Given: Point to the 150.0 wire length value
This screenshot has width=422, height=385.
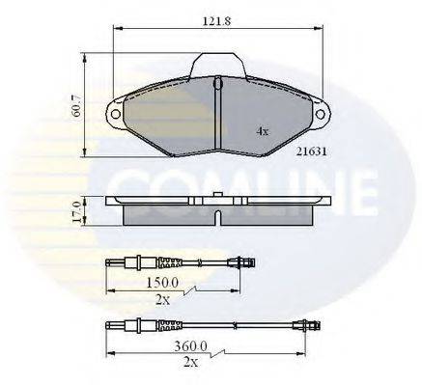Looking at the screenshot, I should tap(162, 282).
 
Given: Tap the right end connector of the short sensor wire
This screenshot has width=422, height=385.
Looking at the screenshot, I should tap(244, 262).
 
